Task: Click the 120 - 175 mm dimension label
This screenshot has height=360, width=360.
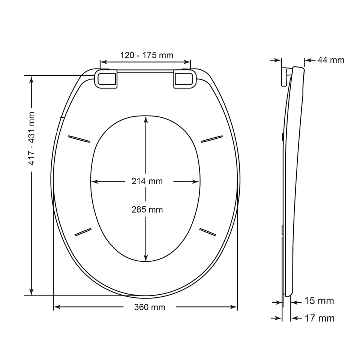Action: (x=147, y=55)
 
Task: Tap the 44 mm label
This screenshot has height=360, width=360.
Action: (x=331, y=60)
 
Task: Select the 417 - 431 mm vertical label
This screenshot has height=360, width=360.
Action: (x=32, y=138)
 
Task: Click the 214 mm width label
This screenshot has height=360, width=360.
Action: (x=147, y=181)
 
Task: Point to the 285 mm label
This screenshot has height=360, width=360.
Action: (x=147, y=210)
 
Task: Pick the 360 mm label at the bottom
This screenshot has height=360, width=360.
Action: (x=150, y=307)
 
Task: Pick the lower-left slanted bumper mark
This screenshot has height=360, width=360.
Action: (x=83, y=231)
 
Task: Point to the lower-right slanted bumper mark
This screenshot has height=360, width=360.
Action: (x=208, y=232)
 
